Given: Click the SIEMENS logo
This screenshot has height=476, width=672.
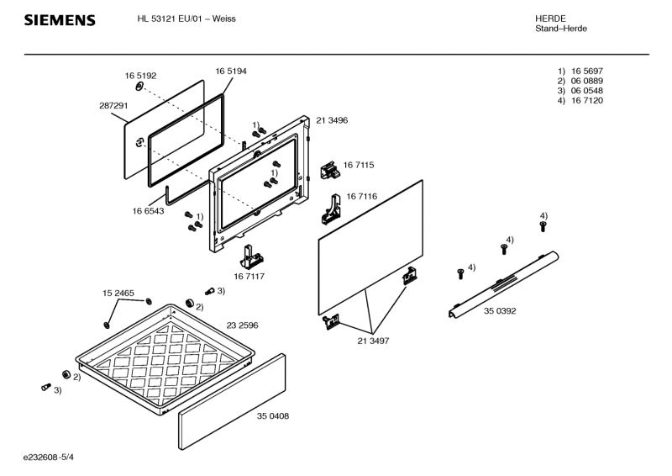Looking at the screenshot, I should click(60, 20).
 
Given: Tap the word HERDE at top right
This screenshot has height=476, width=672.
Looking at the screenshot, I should click(549, 19).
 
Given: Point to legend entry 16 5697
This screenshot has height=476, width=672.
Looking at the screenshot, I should click(586, 71).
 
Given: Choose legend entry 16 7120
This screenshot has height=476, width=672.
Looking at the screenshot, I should click(586, 101).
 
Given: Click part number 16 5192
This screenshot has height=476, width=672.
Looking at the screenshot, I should click(141, 75).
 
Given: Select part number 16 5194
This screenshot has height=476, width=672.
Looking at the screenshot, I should click(230, 71).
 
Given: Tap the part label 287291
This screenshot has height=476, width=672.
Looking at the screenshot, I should click(113, 106).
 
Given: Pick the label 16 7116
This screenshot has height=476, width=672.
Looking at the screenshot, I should click(361, 196).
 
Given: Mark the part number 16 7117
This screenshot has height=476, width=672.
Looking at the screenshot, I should click(249, 275).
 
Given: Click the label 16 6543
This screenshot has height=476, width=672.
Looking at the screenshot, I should click(148, 211).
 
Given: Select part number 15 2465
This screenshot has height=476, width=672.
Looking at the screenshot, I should click(118, 293).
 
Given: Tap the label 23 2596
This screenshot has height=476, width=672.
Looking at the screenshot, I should click(242, 325).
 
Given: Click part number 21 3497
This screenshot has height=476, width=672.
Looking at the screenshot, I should click(373, 340).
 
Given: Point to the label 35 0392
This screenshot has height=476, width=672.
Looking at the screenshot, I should click(499, 311).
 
